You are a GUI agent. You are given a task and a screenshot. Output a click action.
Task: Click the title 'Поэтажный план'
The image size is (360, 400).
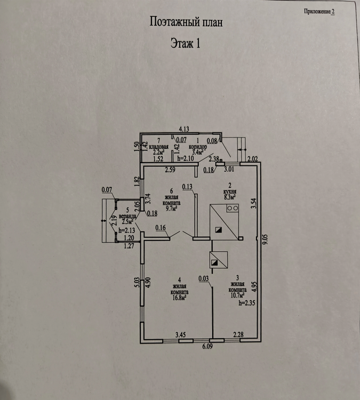(186, 22)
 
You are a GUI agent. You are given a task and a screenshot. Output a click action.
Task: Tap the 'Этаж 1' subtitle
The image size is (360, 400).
(185, 43)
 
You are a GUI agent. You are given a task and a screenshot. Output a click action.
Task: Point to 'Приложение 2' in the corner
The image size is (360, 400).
(319, 12)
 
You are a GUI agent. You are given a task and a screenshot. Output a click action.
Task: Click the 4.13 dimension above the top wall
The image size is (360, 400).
(184, 129)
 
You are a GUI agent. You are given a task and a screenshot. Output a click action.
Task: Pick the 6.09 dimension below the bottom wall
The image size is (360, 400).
(207, 346)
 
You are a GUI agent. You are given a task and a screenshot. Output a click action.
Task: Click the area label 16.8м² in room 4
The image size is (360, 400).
(180, 298)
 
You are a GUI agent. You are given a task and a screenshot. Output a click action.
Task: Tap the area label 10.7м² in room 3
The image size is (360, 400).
(237, 295)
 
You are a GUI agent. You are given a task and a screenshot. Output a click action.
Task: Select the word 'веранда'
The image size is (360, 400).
(127, 217)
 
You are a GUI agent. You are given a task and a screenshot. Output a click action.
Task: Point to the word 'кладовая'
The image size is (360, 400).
(159, 147)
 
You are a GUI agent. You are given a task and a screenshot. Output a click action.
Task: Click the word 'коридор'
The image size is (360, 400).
(198, 147)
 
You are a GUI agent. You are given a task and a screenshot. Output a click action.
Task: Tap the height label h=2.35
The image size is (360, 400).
(247, 303)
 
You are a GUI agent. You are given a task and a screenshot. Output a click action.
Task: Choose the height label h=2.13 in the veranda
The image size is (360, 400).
(126, 230)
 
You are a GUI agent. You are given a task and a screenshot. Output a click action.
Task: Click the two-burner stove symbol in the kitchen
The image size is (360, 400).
(233, 208)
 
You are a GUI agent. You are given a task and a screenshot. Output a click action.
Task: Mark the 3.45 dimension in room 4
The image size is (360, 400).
(180, 334)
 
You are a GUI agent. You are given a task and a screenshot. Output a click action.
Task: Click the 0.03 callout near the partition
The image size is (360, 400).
(204, 278)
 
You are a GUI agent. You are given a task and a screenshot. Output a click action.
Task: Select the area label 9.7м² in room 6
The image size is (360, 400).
(171, 209)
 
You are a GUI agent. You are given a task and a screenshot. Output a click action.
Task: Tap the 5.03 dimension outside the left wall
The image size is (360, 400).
(137, 283)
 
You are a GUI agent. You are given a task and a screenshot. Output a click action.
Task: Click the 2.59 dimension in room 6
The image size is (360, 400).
(170, 170)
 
